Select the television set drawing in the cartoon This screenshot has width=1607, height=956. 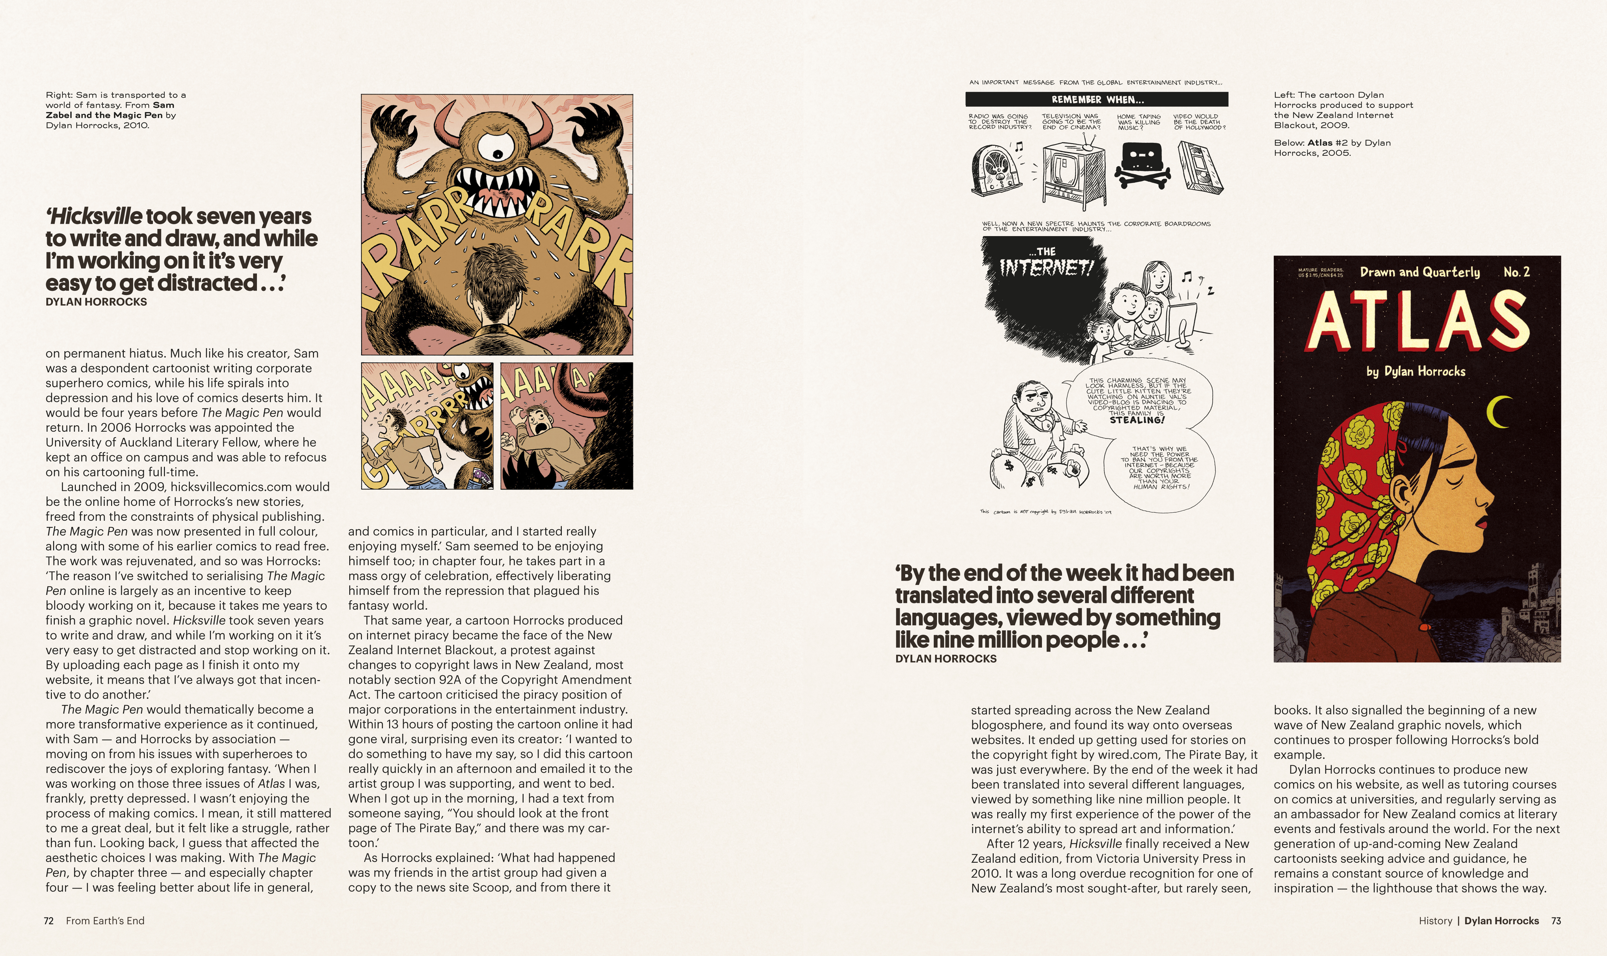1073,174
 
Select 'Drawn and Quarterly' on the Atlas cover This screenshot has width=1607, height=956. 1419,272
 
